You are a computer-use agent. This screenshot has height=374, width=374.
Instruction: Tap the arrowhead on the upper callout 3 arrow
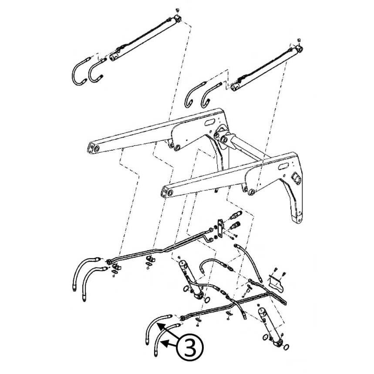[159, 326]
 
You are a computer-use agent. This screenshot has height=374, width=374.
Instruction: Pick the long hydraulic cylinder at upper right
[266, 69]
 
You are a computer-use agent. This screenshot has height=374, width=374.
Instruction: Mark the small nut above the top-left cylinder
[177, 10]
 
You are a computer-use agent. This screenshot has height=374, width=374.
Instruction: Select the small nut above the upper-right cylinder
[300, 40]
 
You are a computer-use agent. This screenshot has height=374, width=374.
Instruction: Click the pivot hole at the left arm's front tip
[97, 149]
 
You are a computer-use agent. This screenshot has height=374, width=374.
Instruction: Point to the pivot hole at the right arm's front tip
[170, 193]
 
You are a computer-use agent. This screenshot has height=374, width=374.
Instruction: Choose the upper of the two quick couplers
[235, 216]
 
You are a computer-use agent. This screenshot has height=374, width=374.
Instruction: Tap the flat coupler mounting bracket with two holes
[220, 229]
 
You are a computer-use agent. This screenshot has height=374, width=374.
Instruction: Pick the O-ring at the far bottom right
[286, 347]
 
